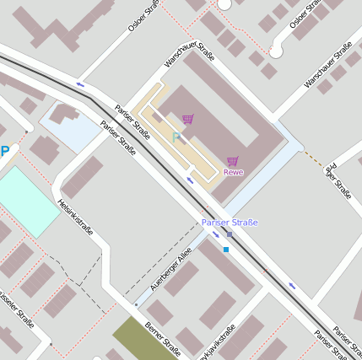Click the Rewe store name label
[x=233, y=173]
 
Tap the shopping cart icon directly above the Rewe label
[x=233, y=161]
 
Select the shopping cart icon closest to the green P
[x=187, y=119]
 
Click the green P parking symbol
[x=176, y=137]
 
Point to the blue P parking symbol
[x=4, y=152]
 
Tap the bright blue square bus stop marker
[x=226, y=250]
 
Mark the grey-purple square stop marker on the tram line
[x=230, y=234]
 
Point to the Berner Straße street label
[x=162, y=340]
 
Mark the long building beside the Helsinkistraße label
[x=82, y=176]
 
